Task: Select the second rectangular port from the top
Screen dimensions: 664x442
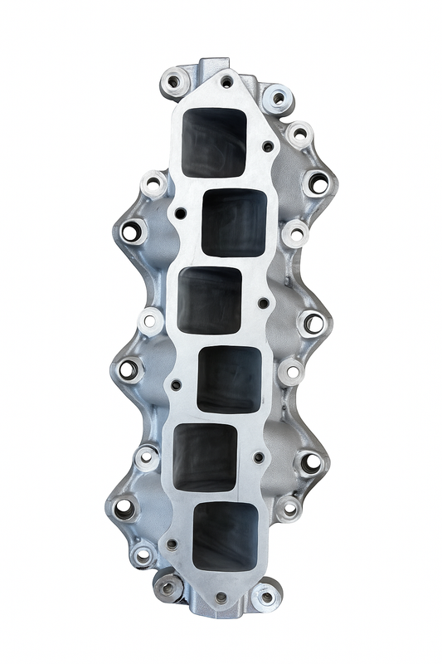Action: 234,221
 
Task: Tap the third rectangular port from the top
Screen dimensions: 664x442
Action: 210,299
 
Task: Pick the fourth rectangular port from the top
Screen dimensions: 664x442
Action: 229,378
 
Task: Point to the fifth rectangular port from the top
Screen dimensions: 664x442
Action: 206,456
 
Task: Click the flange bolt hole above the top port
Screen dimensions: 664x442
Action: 226,81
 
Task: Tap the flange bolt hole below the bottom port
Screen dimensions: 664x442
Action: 221,596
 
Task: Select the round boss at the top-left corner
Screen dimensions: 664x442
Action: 174,81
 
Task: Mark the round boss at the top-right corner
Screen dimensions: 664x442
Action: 278,98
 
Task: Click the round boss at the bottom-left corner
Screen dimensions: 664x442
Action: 168,588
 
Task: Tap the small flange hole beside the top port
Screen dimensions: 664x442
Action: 267,147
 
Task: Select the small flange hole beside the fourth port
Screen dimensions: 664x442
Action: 176,384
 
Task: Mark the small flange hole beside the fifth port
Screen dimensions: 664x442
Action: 259,457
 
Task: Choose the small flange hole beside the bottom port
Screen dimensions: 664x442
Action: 172,544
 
